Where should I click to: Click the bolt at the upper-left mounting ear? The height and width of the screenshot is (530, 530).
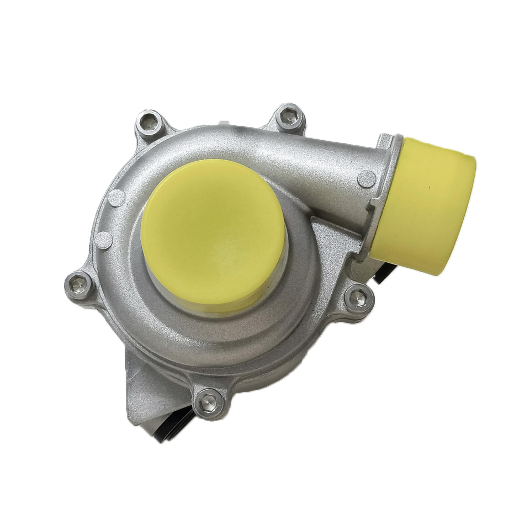pyautogui.click(x=149, y=124)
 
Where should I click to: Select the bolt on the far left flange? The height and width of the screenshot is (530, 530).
pyautogui.click(x=79, y=285)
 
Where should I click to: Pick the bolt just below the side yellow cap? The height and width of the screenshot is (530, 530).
pyautogui.click(x=359, y=299)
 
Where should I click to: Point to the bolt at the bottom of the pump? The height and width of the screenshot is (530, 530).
pyautogui.click(x=209, y=403)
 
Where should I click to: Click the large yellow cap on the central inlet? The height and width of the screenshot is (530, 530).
pyautogui.click(x=214, y=232)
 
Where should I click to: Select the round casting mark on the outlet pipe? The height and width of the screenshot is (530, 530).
pyautogui.click(x=366, y=178)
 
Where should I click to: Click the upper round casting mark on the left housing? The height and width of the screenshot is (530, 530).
pyautogui.click(x=116, y=198)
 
